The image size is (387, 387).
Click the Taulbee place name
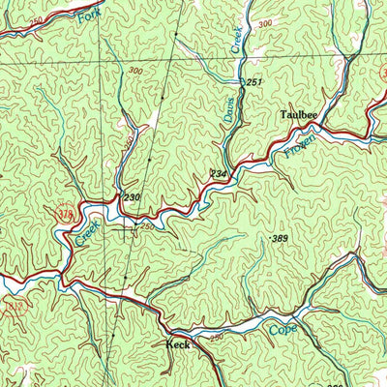coord(299,114)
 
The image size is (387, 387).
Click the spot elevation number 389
coord(281,238)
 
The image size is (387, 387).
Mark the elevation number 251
coord(253,83)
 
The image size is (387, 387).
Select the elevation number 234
coord(221,173)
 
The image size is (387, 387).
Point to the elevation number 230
coord(132,197)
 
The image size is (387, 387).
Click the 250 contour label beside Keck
coord(216,336)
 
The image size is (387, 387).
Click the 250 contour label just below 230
coord(146,225)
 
